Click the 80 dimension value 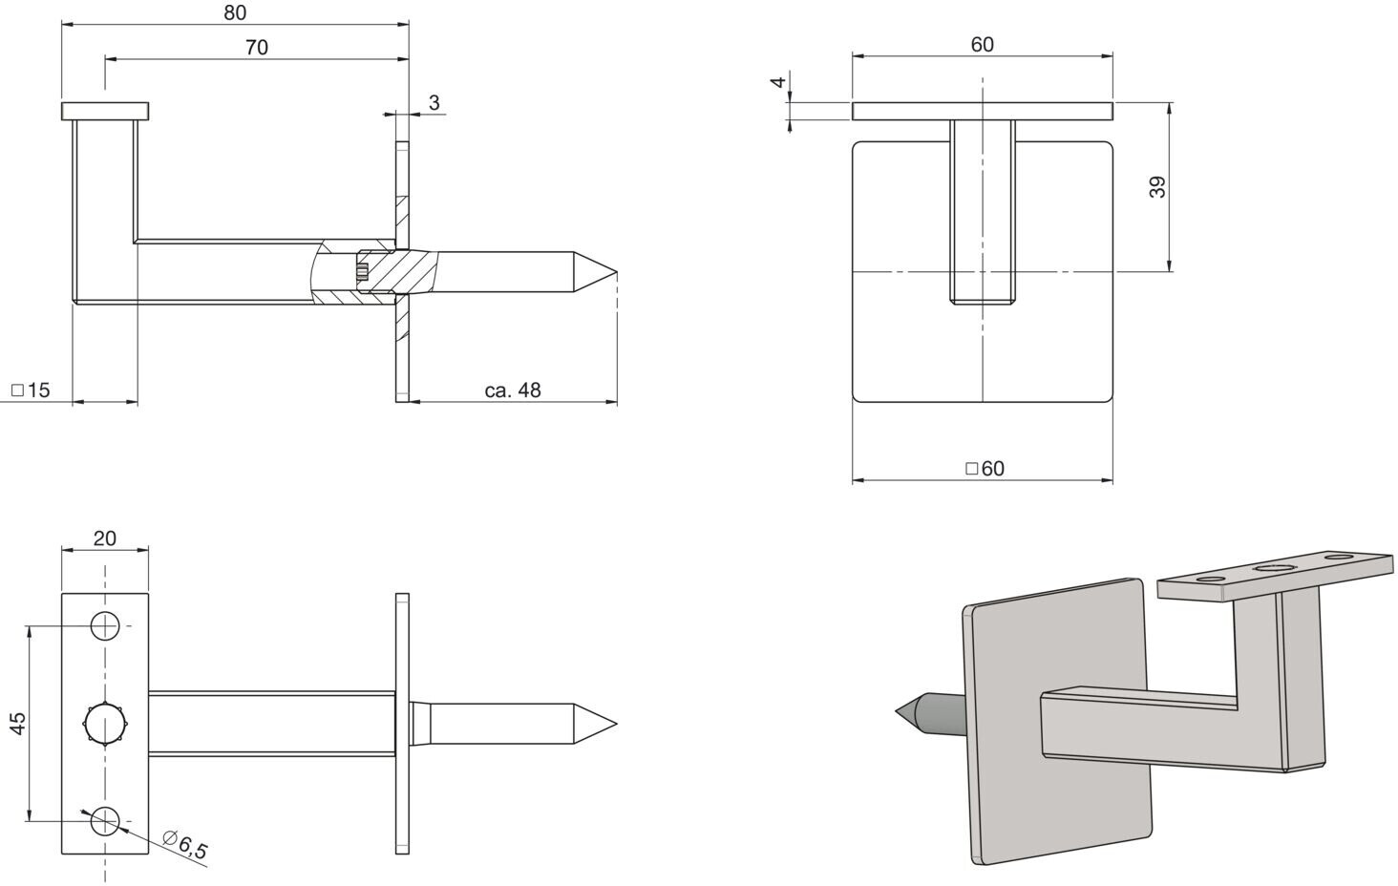[235, 12]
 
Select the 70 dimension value [257, 48]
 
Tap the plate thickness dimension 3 [434, 103]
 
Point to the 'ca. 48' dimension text [513, 390]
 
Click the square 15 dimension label [31, 390]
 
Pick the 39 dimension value [1157, 187]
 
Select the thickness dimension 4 [778, 82]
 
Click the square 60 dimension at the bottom [985, 469]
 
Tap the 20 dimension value [105, 538]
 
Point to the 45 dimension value [18, 723]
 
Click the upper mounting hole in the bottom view [105, 625]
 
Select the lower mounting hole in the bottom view [105, 820]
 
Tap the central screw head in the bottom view [105, 724]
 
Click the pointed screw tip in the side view [617, 273]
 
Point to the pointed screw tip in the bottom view [617, 724]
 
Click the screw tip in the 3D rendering [897, 710]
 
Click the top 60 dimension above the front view [983, 45]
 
